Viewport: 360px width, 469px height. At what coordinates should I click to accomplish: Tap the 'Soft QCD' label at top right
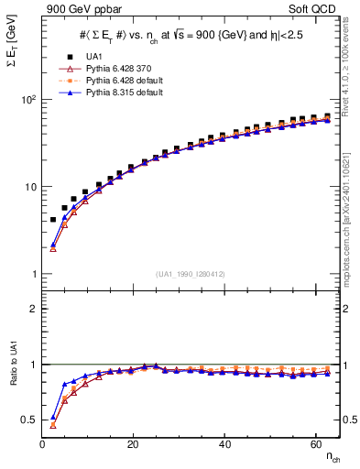pyautogui.click(x=315, y=10)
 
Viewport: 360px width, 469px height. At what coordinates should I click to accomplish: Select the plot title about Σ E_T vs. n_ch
pyautogui.click(x=191, y=34)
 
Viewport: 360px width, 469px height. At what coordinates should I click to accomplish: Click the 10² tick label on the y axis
pyautogui.click(x=27, y=100)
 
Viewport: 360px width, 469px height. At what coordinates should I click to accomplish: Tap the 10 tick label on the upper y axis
pyautogui.click(x=28, y=187)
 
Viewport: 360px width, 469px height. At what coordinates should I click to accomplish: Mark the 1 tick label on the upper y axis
pyautogui.click(x=34, y=274)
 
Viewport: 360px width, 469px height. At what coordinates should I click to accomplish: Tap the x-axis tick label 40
pyautogui.click(x=224, y=443)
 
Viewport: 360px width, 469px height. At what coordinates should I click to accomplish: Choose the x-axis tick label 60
pyautogui.click(x=315, y=443)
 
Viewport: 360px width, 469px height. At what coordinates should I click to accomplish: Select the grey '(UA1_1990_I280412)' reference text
pyautogui.click(x=191, y=274)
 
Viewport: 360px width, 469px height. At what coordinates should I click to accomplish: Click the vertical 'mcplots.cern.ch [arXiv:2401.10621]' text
pyautogui.click(x=352, y=211)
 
